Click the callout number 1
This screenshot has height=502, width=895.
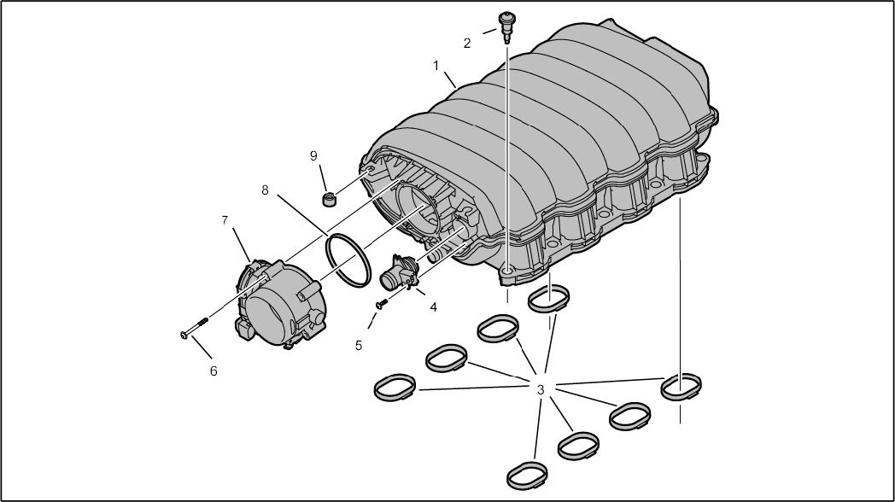tap(436, 67)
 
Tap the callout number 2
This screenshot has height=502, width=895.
tap(467, 44)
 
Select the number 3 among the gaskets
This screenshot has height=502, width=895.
tap(541, 389)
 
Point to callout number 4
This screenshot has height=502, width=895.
tap(434, 306)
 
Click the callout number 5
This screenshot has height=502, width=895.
tap(359, 345)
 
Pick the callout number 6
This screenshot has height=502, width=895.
tap(214, 371)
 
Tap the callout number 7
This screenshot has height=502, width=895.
tap(225, 219)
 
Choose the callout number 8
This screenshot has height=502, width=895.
tap(265, 190)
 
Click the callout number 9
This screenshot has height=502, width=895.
tap(313, 155)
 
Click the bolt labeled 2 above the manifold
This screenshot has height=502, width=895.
tap(506, 26)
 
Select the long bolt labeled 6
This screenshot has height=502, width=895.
tap(194, 328)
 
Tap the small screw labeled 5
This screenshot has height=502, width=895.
tap(381, 303)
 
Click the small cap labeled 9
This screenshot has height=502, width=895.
tap(329, 201)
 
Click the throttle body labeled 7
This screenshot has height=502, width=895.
tap(281, 303)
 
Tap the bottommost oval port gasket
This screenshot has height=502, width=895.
tap(528, 475)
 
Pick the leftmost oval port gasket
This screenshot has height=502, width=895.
tap(395, 387)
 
